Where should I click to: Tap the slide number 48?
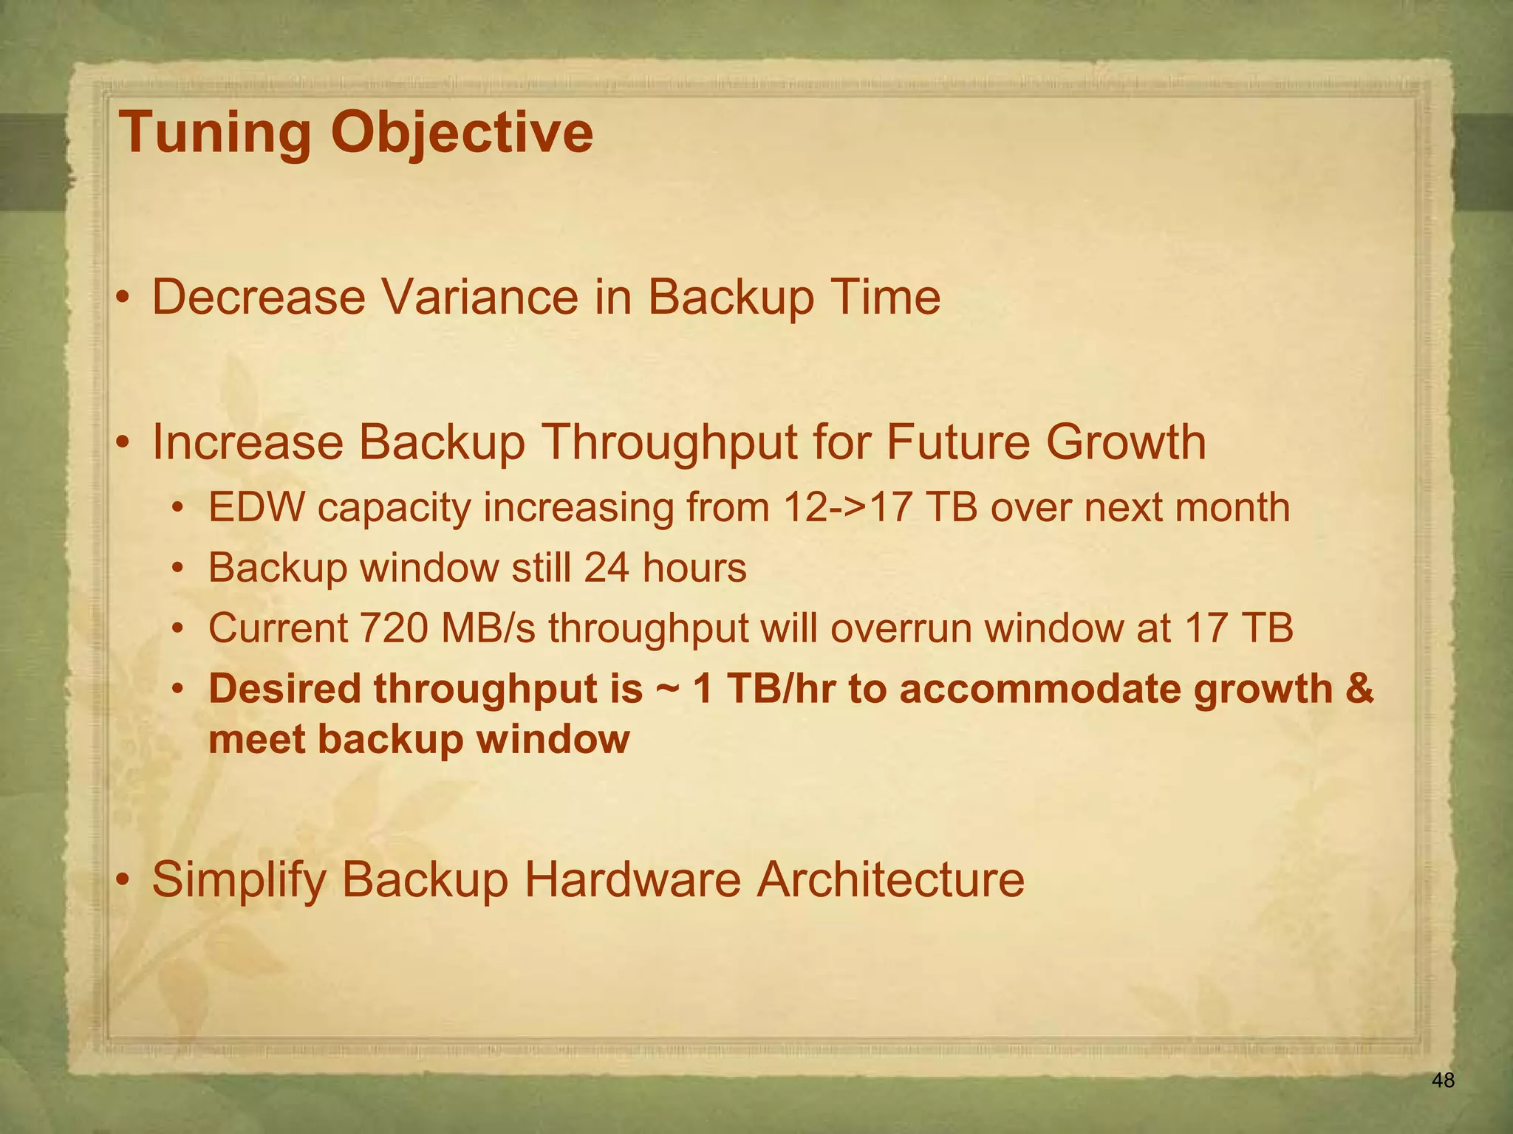click(x=1443, y=1081)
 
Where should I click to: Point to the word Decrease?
click(x=259, y=298)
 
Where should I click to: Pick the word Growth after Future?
click(x=1125, y=443)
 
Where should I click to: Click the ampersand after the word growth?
click(x=1358, y=688)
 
